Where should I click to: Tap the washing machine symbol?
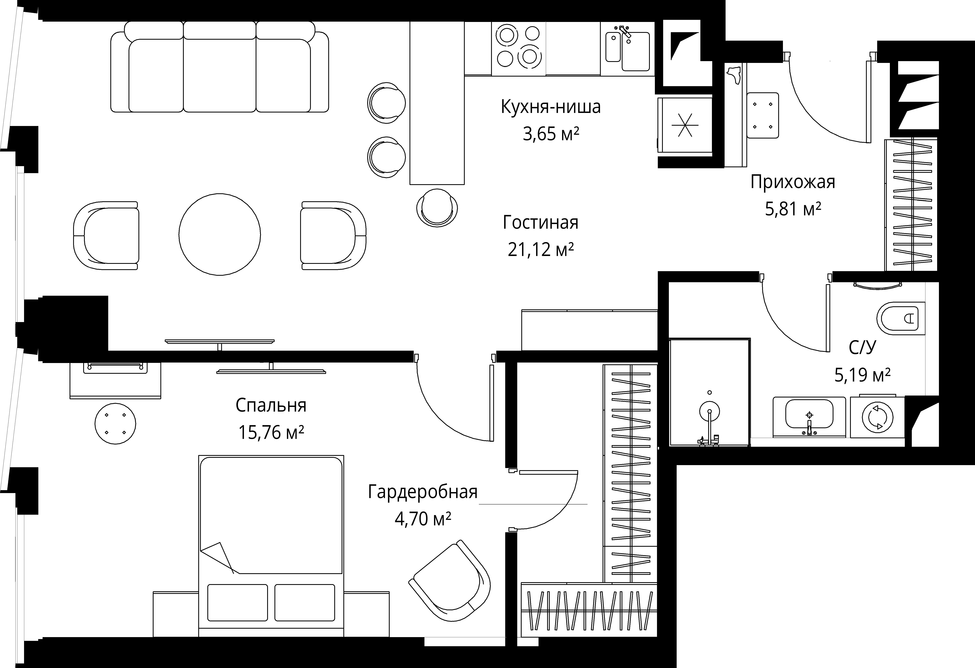877,417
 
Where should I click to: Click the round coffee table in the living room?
219,234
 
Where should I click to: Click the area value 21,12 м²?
540,250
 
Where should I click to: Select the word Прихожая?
793,182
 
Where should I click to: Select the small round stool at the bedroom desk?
115,423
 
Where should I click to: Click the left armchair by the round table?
106,235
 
